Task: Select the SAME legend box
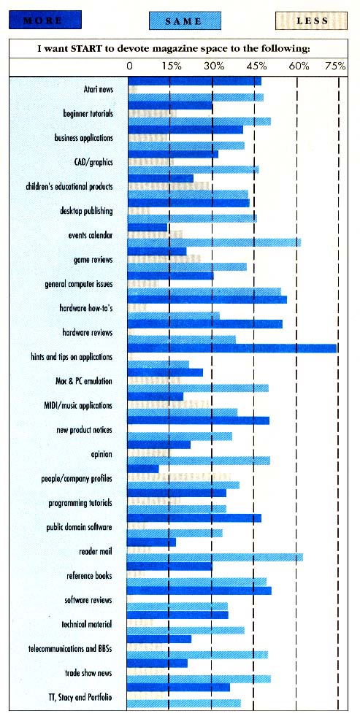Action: pyautogui.click(x=183, y=21)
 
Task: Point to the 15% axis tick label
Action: pyautogui.click(x=172, y=66)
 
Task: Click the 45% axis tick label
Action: pyautogui.click(x=257, y=66)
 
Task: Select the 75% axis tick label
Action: pyautogui.click(x=335, y=66)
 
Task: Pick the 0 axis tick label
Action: pyautogui.click(x=130, y=66)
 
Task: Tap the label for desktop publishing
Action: pyautogui.click(x=86, y=211)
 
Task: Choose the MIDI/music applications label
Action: pyautogui.click(x=78, y=406)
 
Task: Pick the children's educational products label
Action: pyautogui.click(x=69, y=187)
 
